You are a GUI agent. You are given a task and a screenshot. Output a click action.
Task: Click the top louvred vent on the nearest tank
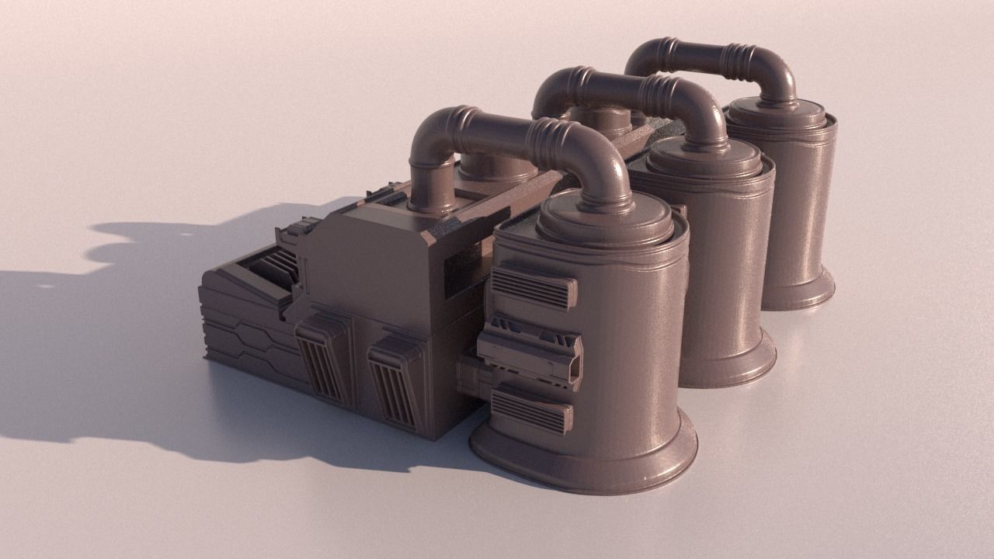533,286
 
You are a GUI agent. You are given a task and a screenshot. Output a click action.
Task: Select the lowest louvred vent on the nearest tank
531,411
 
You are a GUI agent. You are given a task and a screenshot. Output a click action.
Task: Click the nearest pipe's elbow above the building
431,140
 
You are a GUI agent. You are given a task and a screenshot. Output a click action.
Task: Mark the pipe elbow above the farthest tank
777,74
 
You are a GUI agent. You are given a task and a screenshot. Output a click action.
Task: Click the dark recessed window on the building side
466,272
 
